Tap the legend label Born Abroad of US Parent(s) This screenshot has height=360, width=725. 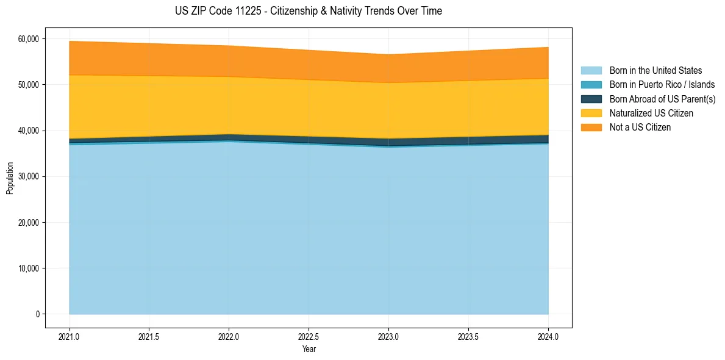coord(662,99)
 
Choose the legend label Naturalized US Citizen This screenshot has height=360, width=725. coord(651,113)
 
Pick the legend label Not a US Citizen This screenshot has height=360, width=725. coord(640,127)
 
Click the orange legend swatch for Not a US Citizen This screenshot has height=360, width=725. coord(591,127)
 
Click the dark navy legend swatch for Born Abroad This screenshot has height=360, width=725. coord(591,99)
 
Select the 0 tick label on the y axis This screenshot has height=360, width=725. coord(37,314)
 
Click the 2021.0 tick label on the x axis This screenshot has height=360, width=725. coord(69,336)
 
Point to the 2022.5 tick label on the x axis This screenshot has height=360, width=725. coord(309,336)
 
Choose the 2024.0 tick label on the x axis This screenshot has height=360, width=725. coord(548,336)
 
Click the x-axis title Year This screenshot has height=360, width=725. coord(309,349)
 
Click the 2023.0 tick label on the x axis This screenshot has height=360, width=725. coord(388,336)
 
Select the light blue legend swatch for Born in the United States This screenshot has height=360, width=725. coord(591,71)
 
